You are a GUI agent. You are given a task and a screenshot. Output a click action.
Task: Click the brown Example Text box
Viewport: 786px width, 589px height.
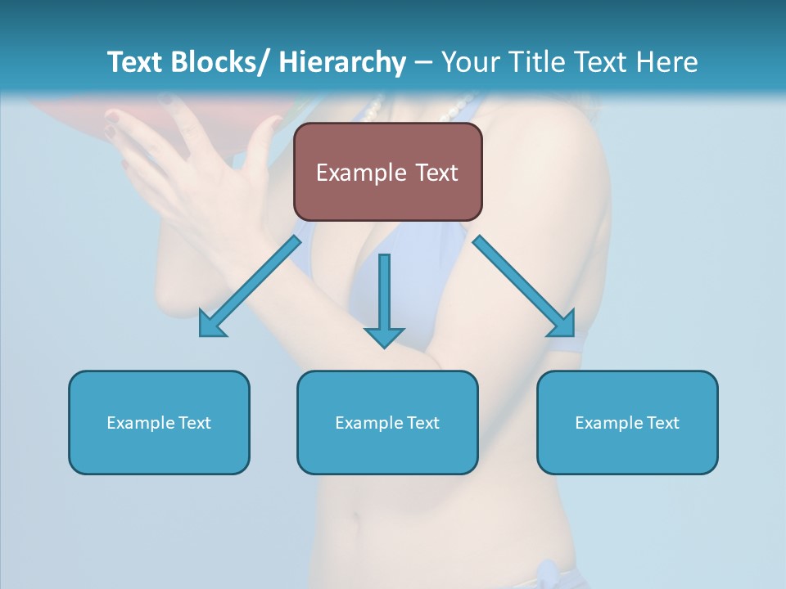click(x=387, y=172)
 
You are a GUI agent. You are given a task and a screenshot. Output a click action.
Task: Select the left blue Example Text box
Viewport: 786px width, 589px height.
click(x=159, y=422)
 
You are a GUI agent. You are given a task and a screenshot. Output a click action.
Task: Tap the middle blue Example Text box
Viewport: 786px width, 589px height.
click(x=387, y=422)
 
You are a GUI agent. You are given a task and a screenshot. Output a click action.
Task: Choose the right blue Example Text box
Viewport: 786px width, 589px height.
click(x=627, y=422)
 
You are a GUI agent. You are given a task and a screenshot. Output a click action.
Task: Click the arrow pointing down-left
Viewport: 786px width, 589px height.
click(x=250, y=286)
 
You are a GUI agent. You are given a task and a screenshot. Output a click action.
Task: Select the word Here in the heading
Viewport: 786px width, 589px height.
click(x=667, y=62)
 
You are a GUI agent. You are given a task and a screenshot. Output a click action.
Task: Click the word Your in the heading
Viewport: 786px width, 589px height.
click(x=469, y=62)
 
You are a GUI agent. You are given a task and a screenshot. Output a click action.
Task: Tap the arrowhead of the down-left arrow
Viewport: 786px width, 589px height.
click(x=212, y=324)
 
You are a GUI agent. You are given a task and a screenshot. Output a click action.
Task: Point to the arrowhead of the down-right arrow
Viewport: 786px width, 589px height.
click(x=562, y=322)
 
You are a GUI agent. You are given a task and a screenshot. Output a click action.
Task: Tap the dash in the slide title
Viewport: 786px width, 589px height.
click(x=423, y=62)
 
